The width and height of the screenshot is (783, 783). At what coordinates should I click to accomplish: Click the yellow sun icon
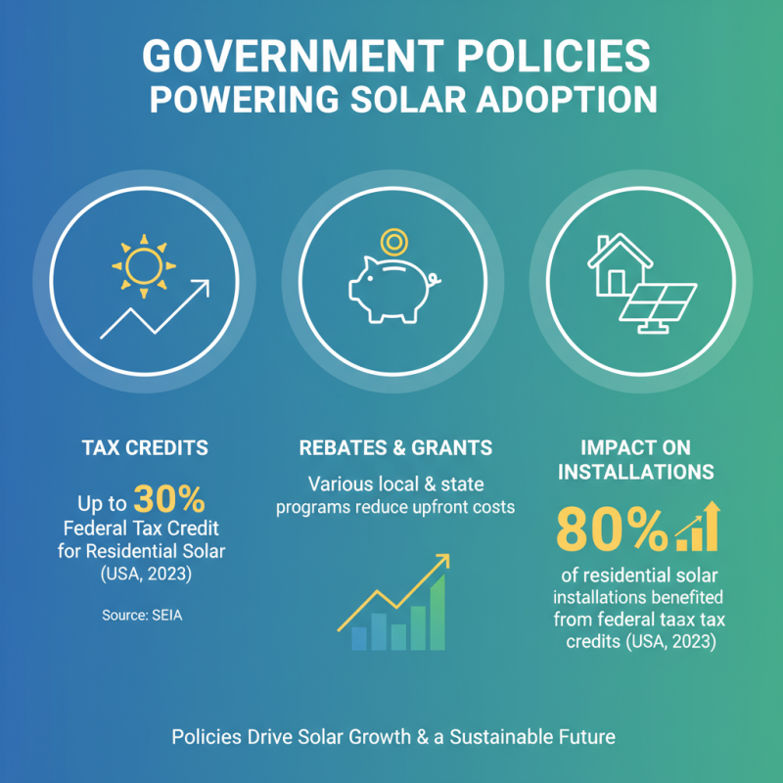coord(144,264)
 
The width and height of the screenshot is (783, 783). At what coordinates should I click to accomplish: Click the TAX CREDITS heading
coord(144,448)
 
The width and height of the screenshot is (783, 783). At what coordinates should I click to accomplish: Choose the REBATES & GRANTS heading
coord(395,448)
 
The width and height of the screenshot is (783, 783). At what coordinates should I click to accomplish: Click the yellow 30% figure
coord(169,500)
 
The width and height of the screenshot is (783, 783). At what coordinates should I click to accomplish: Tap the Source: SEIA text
coord(142,616)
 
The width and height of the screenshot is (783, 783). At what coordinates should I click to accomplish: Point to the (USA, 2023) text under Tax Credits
coord(145,575)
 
